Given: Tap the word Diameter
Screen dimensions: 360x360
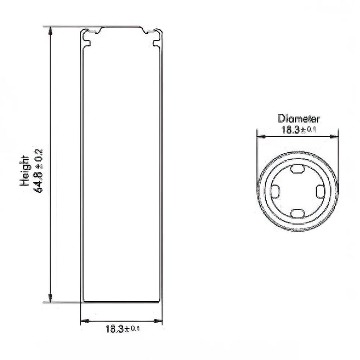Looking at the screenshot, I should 299,119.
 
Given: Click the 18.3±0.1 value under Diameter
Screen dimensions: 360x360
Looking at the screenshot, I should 299,130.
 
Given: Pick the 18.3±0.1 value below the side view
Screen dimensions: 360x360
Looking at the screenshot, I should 123,329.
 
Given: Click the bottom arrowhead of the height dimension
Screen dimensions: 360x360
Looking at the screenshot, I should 50,298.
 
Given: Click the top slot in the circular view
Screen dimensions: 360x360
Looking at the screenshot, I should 297,169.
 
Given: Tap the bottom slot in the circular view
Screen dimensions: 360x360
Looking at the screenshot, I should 297,213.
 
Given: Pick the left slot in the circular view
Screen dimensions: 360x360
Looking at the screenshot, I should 275,191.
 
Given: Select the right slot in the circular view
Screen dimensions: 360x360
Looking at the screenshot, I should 320,191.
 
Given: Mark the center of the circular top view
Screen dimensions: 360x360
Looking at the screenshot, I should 297,191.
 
